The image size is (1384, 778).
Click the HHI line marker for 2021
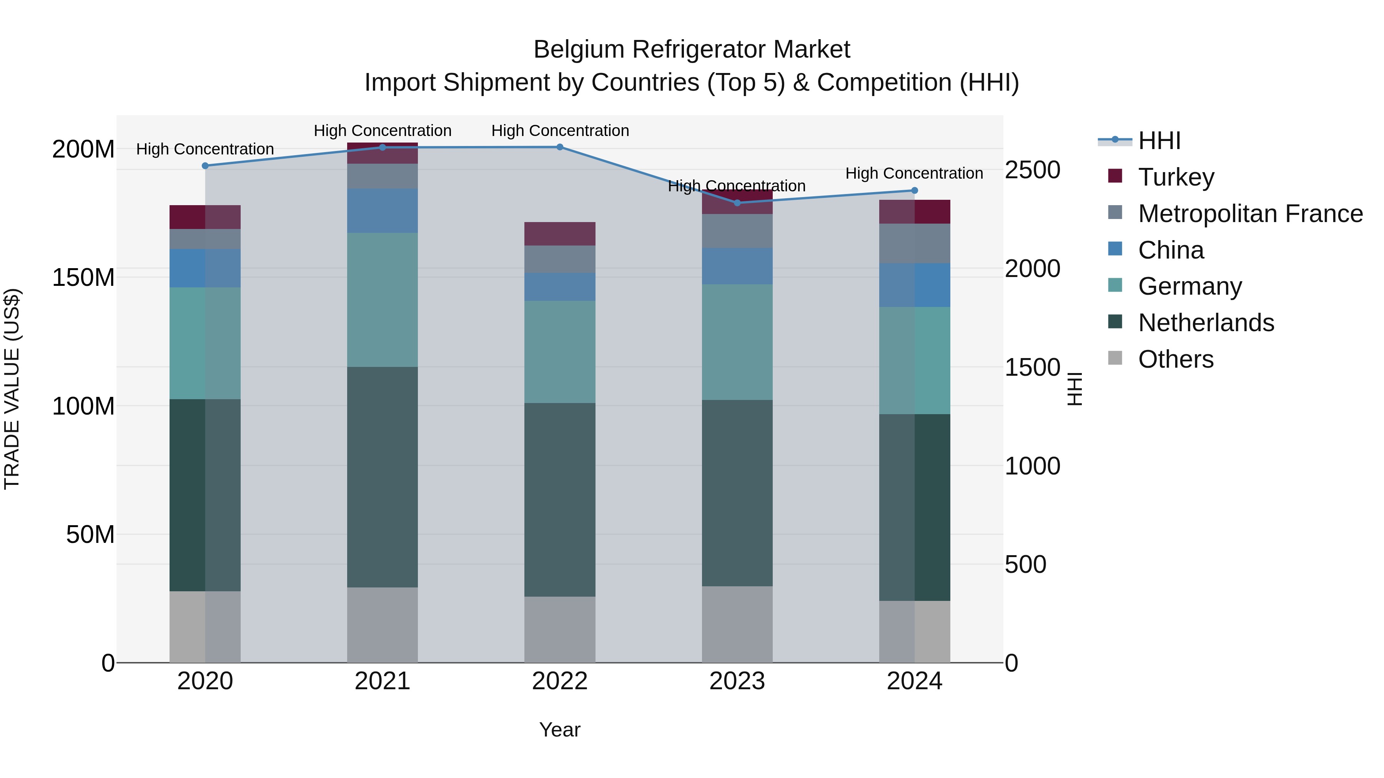[383, 147]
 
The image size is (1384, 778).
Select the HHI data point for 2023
[737, 203]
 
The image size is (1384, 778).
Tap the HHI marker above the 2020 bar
[205, 166]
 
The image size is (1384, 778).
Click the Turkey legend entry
[1176, 177]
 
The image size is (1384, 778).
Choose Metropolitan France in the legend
[1250, 214]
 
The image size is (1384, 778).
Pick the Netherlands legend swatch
[1115, 322]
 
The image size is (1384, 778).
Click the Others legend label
[1176, 359]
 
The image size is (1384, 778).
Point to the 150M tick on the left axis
[83, 278]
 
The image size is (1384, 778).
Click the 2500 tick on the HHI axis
[1032, 170]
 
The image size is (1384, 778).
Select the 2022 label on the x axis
[560, 681]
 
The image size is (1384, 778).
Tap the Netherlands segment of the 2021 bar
[383, 477]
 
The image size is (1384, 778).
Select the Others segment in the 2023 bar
[737, 624]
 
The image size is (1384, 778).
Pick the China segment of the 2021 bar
[383, 211]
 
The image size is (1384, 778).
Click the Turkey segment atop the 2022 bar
[560, 234]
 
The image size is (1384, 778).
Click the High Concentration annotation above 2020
[205, 149]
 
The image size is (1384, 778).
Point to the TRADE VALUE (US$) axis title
[12, 389]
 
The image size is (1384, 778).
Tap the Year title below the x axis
[560, 730]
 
